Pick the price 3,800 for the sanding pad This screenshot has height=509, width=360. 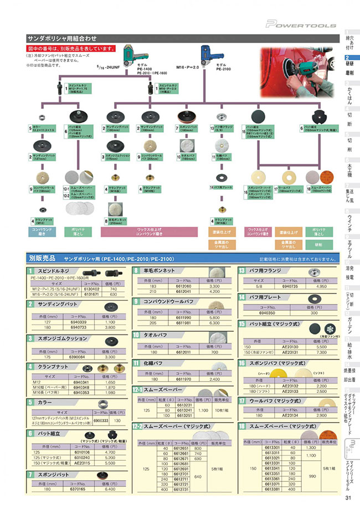point(109,327)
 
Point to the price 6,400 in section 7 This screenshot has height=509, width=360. point(110,489)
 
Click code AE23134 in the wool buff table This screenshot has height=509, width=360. point(289,414)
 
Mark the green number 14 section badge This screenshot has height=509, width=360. point(242,297)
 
